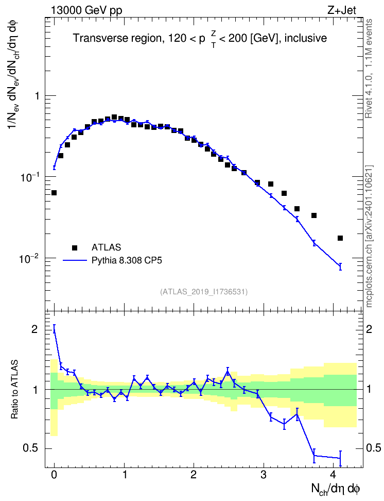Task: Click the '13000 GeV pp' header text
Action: click(86, 10)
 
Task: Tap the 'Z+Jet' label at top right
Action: click(342, 10)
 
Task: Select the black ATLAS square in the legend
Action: click(75, 247)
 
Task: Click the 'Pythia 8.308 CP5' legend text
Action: click(127, 260)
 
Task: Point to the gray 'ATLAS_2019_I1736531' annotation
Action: click(204, 291)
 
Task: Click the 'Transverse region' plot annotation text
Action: click(117, 38)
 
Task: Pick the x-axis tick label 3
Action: click(264, 475)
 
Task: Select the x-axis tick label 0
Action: click(54, 475)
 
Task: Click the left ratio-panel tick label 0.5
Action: click(30, 448)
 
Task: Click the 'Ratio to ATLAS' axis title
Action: click(14, 390)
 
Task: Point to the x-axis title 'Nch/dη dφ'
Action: click(336, 489)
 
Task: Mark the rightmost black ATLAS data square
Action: click(340, 238)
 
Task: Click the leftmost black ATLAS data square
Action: click(54, 193)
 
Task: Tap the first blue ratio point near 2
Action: click(54, 329)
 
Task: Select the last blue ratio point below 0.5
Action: click(340, 458)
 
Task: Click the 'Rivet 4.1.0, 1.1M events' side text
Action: click(369, 69)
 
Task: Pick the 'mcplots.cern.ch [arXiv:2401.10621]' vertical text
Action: click(369, 236)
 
